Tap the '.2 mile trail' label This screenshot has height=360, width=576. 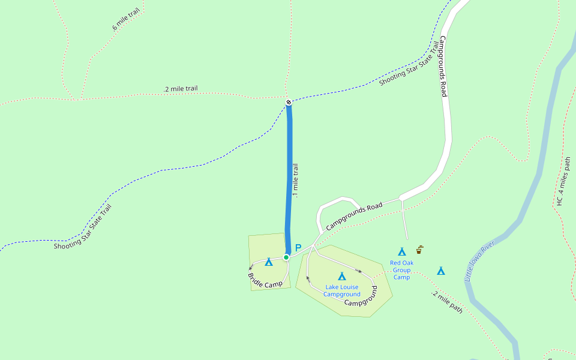[181, 89]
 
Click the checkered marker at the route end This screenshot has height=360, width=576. [289, 102]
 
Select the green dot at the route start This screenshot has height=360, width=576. [286, 257]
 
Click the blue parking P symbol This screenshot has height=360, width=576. [298, 248]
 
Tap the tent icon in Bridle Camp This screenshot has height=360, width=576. [269, 262]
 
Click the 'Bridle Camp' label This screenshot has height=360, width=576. [265, 280]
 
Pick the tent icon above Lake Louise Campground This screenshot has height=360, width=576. [341, 276]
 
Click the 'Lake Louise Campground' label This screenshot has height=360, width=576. [341, 290]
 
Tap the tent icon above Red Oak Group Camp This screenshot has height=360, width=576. [401, 251]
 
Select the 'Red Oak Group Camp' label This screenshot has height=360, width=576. [401, 270]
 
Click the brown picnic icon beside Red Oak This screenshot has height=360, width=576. [419, 250]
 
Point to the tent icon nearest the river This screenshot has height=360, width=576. [441, 271]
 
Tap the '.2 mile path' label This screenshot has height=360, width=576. [447, 302]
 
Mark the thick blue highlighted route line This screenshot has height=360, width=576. [289, 180]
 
